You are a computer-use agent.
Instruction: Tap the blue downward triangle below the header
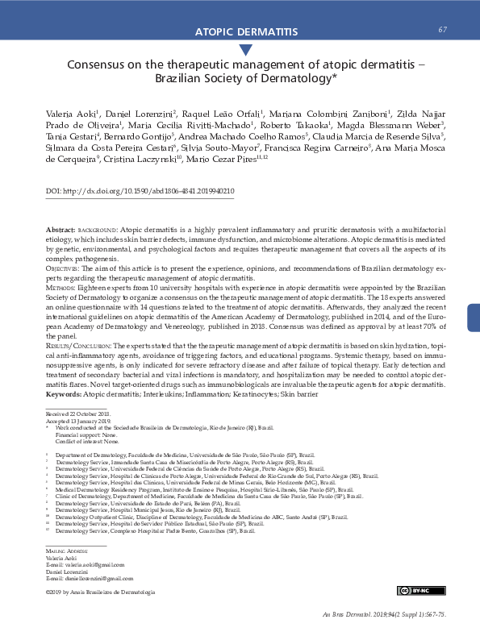coord(240,50)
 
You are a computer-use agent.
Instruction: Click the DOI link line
coord(140,192)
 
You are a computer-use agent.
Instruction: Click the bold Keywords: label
coord(65,394)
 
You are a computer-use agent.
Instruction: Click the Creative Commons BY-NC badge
coord(414,592)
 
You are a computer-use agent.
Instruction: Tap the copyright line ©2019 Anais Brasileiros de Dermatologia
coord(99,592)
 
